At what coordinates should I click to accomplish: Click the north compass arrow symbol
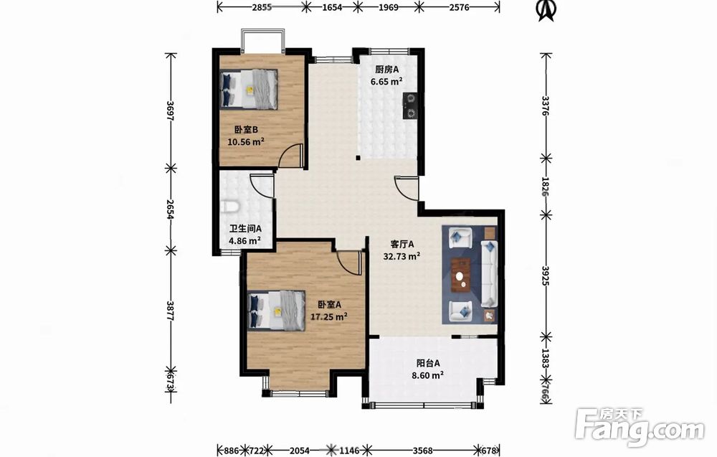[x=546, y=11]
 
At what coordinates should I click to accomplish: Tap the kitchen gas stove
[x=409, y=105]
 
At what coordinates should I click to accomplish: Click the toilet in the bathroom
[x=229, y=207]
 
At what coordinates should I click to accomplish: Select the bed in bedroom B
[x=249, y=89]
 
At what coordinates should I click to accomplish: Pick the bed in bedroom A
[x=277, y=311]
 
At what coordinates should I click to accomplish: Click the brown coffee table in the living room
[x=461, y=275]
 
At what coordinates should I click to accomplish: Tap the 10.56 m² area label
[x=246, y=142]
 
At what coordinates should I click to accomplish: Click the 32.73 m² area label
[x=402, y=256]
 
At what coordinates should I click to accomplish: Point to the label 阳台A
[x=428, y=363]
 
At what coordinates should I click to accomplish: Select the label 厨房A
[x=387, y=70]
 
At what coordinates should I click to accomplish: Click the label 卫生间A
[x=245, y=228]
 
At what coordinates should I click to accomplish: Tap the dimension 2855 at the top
[x=262, y=7]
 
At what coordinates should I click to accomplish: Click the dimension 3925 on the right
[x=544, y=275]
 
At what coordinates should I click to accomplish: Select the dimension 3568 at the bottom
[x=423, y=451]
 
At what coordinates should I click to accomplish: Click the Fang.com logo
[x=640, y=428]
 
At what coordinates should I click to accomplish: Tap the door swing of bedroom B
[x=291, y=156]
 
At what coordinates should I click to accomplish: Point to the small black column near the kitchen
[x=358, y=159]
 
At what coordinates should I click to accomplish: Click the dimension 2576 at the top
[x=459, y=7]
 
